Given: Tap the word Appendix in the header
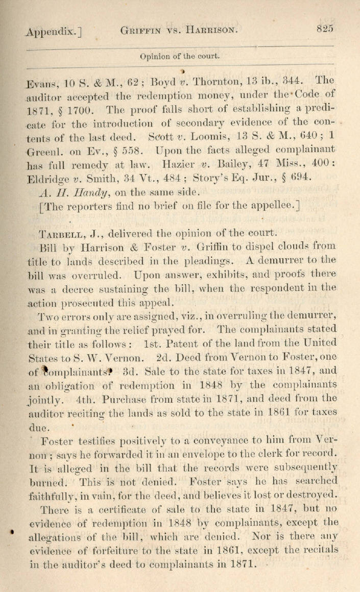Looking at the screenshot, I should point(51,32).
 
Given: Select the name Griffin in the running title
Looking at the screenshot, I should point(141,31).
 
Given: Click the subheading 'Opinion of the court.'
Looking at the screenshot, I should point(180,57).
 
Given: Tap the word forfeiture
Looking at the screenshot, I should point(103,550).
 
